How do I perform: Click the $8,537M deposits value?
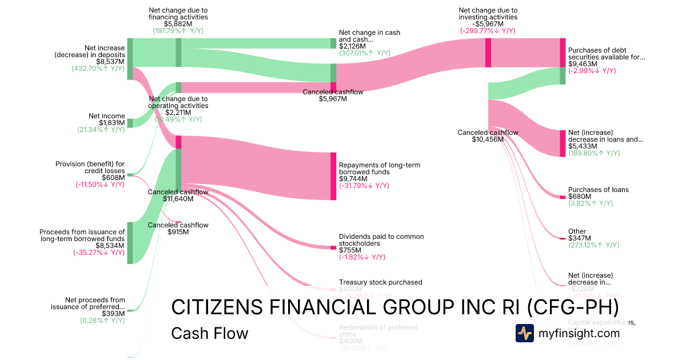(110, 62)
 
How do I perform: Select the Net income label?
(107, 116)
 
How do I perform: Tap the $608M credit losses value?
(113, 178)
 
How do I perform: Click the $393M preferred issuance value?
(113, 314)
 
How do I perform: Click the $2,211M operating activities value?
(178, 113)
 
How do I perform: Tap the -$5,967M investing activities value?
(488, 24)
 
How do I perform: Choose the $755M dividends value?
(350, 250)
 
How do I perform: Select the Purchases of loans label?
(598, 190)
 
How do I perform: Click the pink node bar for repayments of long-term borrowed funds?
(333, 176)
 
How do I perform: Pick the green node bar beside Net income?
(130, 123)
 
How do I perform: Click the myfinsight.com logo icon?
(524, 333)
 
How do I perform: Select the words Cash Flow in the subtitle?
(210, 334)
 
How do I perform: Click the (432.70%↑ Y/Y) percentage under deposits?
(98, 69)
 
